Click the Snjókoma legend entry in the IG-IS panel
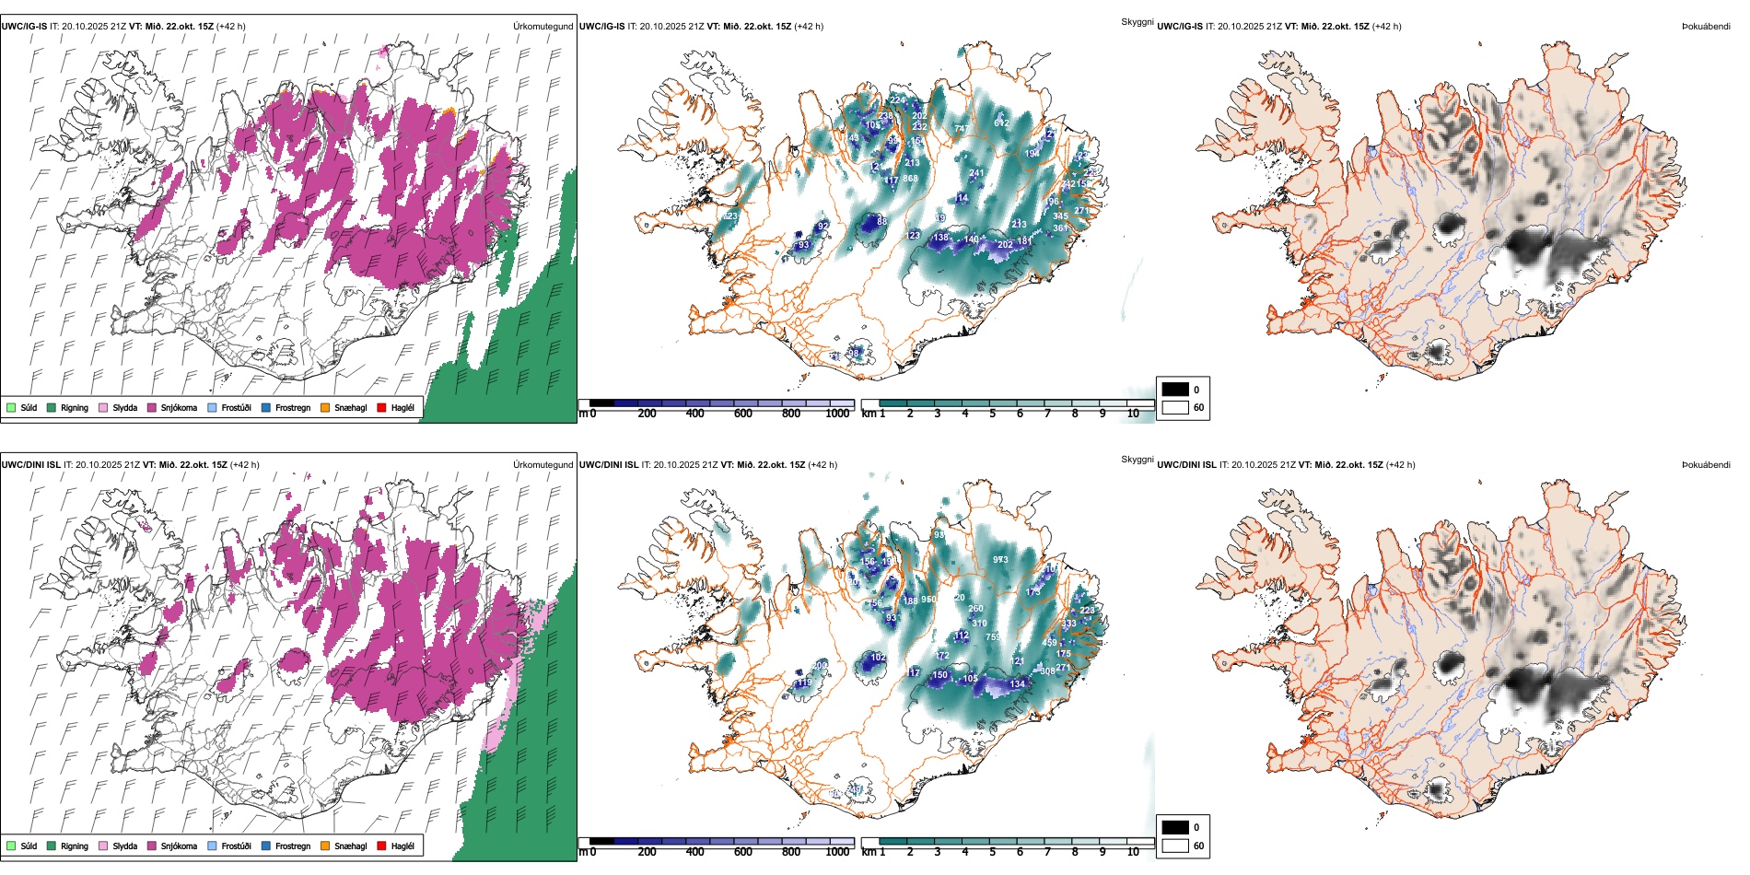[178, 407]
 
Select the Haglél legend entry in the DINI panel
[402, 846]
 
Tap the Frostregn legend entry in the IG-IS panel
[292, 407]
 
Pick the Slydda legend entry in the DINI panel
[124, 846]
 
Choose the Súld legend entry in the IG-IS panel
[29, 407]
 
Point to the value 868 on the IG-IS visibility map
[910, 179]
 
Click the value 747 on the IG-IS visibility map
[962, 128]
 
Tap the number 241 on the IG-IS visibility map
[976, 172]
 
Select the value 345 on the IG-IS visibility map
[1061, 216]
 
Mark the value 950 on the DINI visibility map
[928, 600]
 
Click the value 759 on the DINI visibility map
[993, 636]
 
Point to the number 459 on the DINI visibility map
[1049, 643]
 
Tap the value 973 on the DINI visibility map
[1000, 559]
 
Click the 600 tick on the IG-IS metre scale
[743, 414]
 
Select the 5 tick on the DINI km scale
[992, 852]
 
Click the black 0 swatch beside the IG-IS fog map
[1175, 390]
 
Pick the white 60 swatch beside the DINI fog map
[1175, 846]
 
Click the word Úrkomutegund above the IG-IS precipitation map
[542, 26]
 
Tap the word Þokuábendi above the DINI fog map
[1706, 464]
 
